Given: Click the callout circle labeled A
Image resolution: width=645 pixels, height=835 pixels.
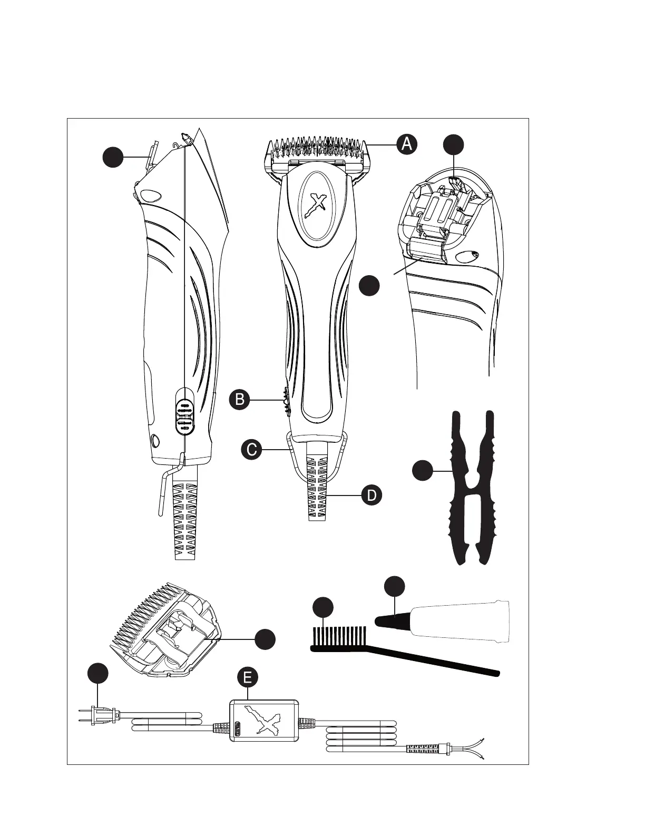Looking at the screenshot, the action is point(406,144).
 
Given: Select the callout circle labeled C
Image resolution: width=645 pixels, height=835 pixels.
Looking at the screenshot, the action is point(252,450).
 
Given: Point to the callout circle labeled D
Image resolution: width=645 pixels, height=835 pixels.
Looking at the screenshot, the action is point(372,496).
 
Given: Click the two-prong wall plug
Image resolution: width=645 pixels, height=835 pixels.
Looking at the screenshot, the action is point(100,715).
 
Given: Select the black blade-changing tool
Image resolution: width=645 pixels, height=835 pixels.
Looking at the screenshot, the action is point(472,488).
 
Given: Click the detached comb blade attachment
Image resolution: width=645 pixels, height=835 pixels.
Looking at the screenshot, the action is point(168,630).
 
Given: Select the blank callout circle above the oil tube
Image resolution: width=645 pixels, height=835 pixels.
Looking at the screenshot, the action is point(394,587).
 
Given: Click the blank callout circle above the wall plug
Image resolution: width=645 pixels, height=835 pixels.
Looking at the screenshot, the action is point(98,674).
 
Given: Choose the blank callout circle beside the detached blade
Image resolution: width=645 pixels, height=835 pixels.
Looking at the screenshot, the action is point(265,639).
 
